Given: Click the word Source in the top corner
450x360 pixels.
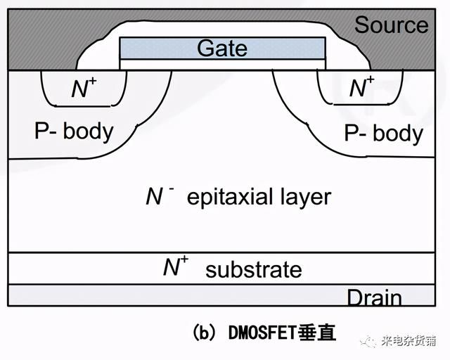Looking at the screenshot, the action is [x=392, y=25].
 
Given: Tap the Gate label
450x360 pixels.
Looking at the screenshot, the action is [x=222, y=48].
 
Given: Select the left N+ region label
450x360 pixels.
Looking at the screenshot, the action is [x=84, y=88].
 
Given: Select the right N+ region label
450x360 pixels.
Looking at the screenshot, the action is [x=362, y=86].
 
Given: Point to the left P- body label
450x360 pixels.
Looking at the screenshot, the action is [x=74, y=131].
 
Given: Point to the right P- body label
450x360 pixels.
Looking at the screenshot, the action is [x=384, y=133].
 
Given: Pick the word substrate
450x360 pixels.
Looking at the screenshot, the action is [x=254, y=269].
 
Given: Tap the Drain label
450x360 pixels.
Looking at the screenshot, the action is [x=375, y=297].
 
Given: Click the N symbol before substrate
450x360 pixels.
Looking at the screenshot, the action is [x=171, y=268].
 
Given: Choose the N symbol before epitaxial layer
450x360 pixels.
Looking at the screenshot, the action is [x=155, y=196].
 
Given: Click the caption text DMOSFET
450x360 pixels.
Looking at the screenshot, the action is [x=262, y=333].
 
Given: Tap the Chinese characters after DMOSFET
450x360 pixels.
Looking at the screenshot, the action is [x=317, y=333].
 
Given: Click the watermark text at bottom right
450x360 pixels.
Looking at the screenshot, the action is [x=409, y=341].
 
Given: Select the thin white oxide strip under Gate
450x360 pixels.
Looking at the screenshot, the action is [x=222, y=64].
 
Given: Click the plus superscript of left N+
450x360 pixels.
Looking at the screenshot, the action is [x=92, y=81].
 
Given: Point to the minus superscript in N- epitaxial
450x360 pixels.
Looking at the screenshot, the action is [x=172, y=188].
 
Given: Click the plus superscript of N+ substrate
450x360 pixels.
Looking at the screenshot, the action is [x=184, y=260].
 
